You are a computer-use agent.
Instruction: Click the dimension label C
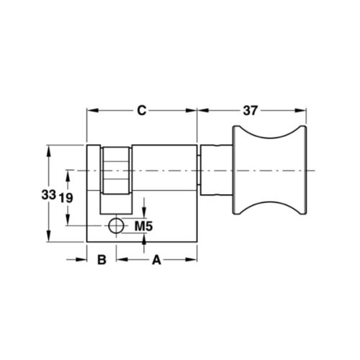tap(142, 111)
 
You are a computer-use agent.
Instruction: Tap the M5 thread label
tap(145, 227)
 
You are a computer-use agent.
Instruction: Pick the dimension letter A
tap(155, 259)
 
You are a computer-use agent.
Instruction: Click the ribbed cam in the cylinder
tap(115, 171)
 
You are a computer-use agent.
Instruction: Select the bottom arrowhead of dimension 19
tap(68, 222)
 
